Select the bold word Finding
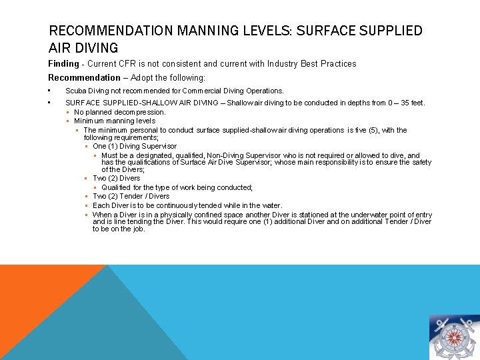[63, 64]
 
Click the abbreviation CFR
[127, 64]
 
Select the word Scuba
[75, 91]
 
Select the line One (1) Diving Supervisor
[135, 146]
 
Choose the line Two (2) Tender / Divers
[131, 197]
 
